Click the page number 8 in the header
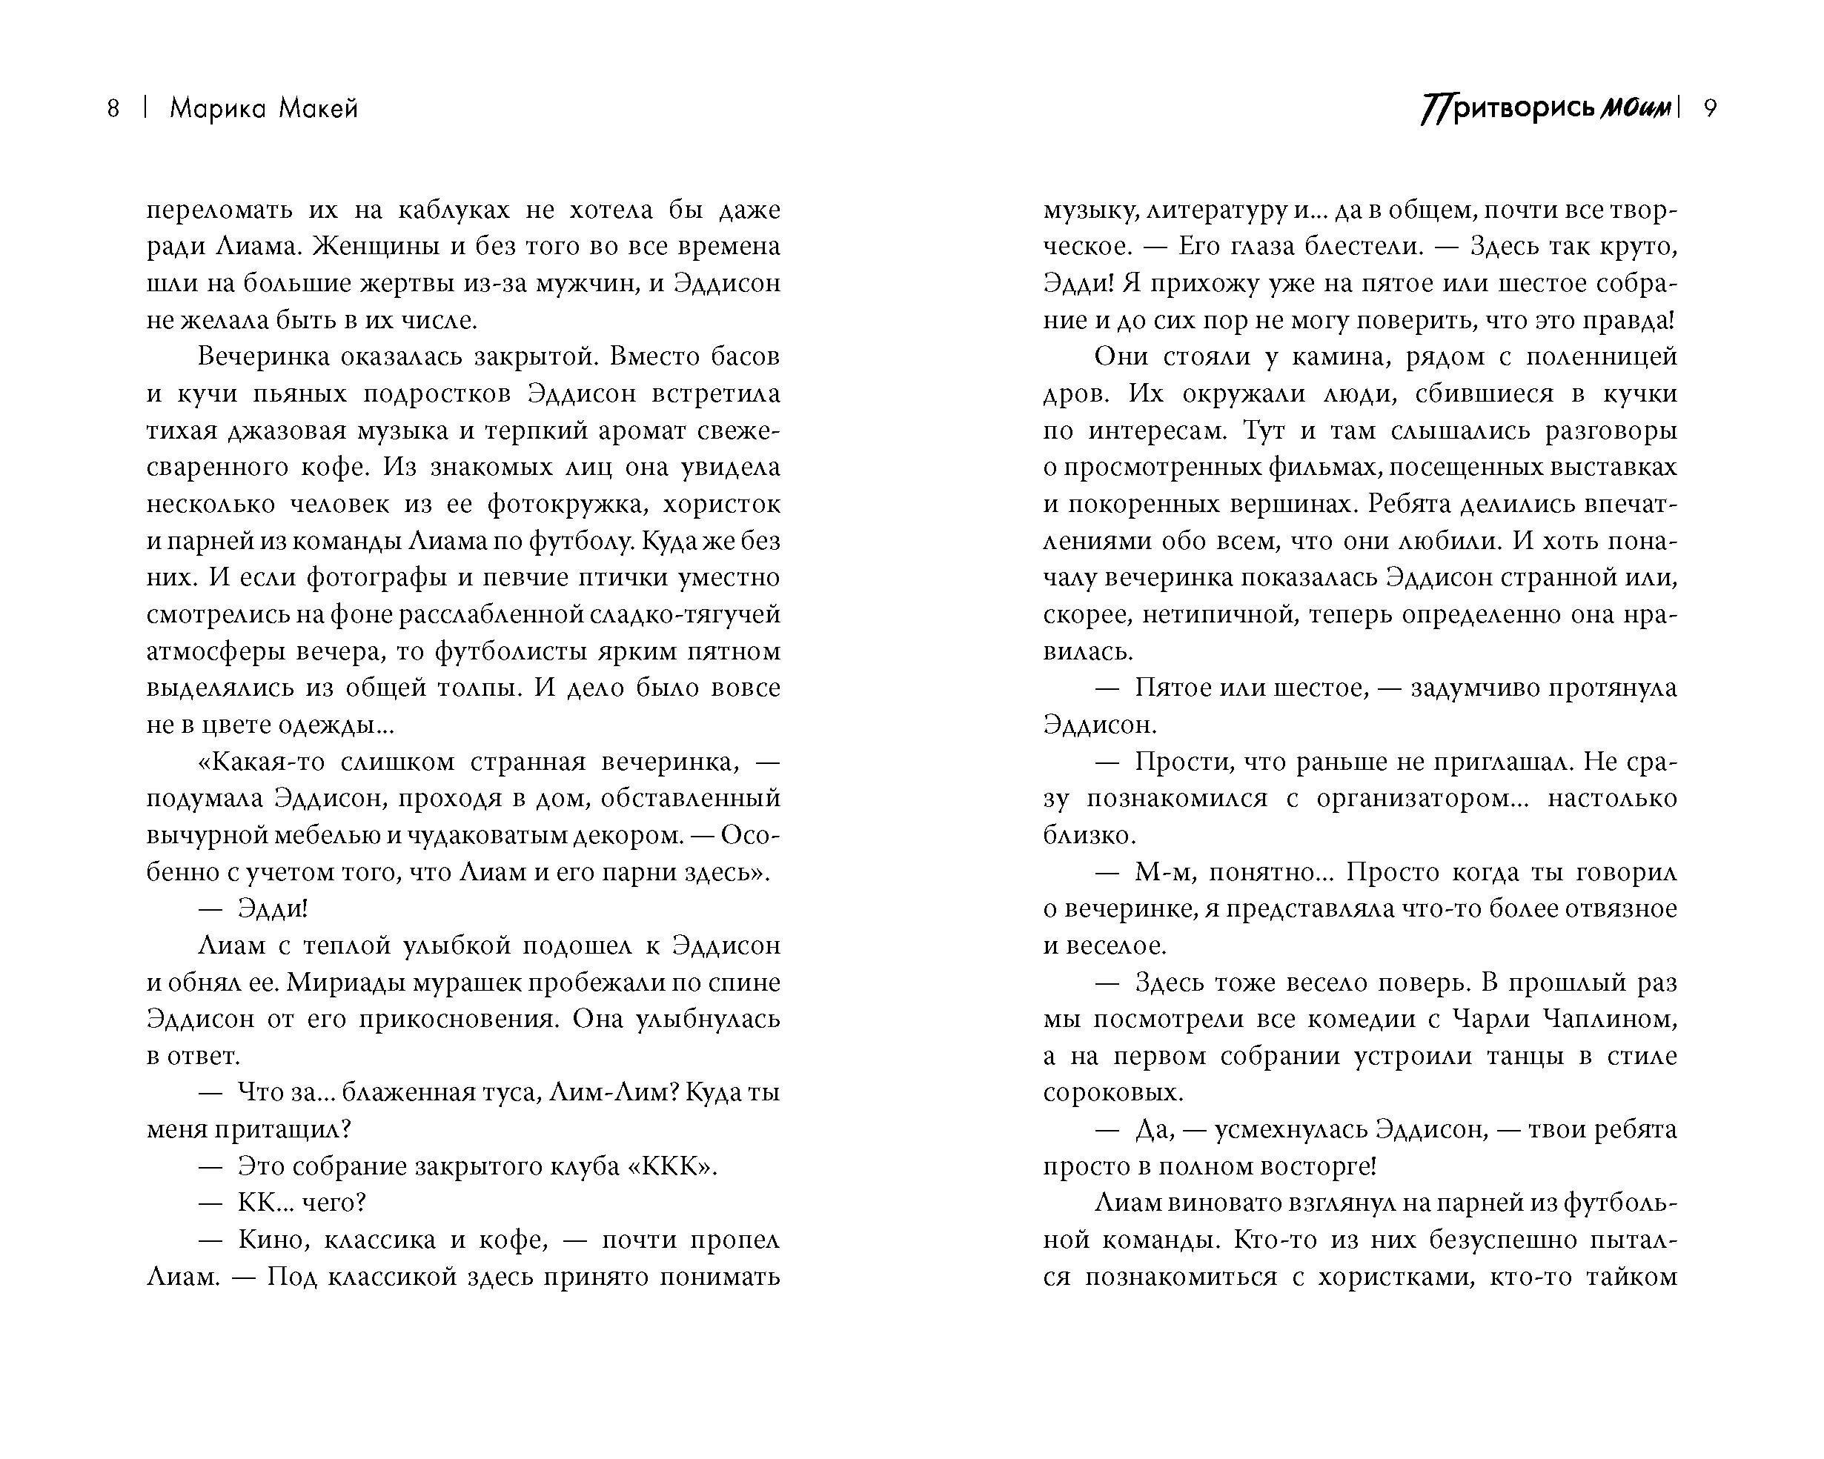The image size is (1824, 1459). pos(113,109)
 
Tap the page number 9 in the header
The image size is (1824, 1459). pos(1710,109)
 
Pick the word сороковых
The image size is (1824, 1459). pos(1112,1093)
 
